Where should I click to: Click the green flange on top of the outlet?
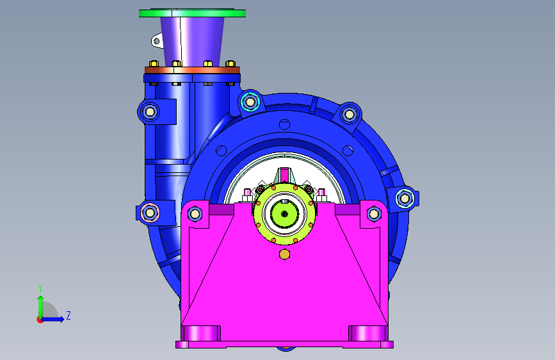192,13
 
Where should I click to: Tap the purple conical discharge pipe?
192,42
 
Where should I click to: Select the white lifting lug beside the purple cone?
157,40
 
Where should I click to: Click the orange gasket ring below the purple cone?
192,70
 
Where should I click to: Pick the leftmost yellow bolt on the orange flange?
154,63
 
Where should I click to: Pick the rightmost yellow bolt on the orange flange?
230,63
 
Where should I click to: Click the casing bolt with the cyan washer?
250,102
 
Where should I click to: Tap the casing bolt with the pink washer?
150,213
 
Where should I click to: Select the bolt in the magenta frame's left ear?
195,214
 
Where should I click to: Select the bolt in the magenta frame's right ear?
374,214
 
